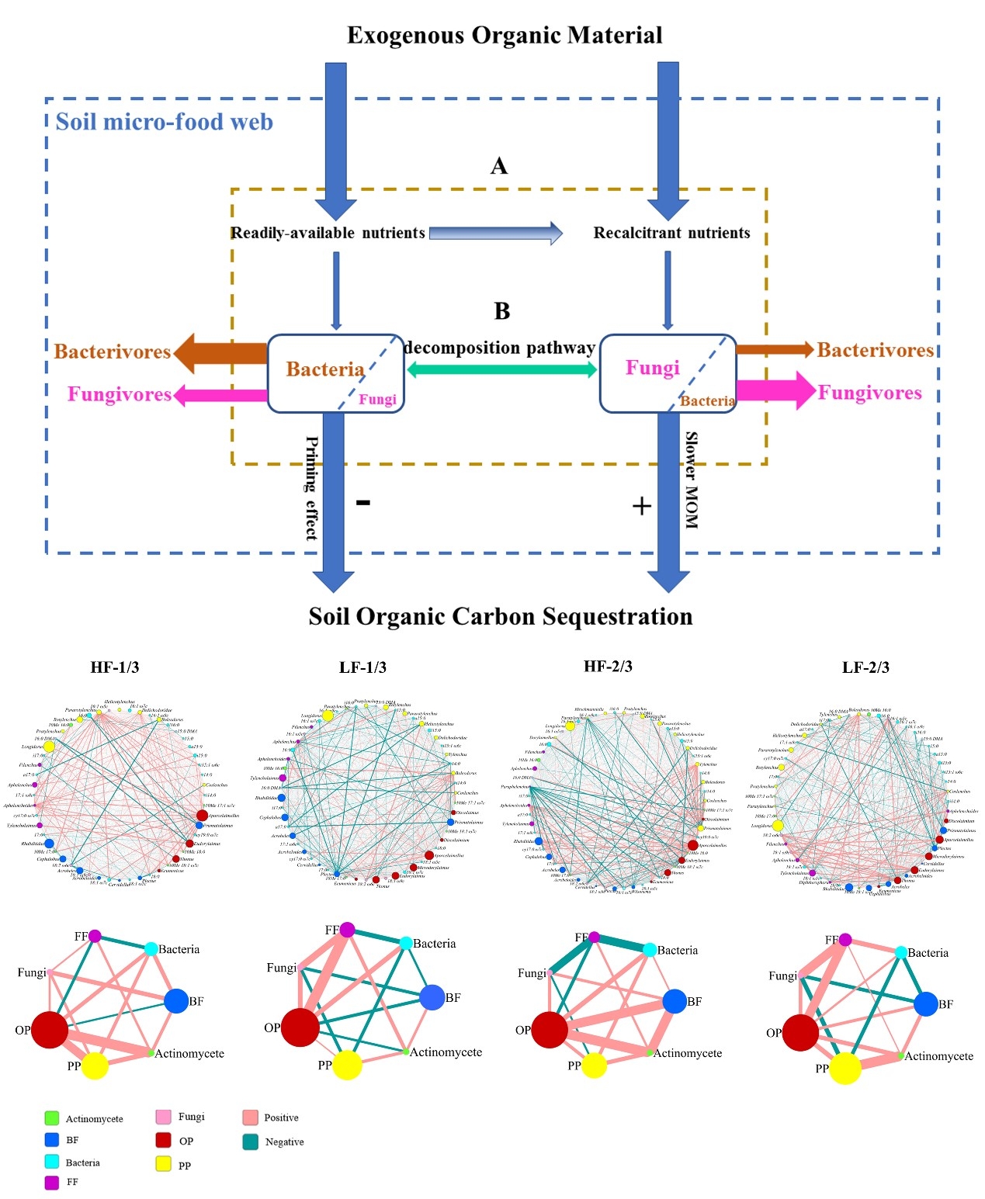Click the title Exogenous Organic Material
coord(504,36)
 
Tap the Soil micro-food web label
coord(165,123)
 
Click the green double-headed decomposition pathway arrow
coord(501,369)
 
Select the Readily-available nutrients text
coord(328,233)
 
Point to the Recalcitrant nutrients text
coord(671,233)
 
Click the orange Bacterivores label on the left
coord(113,352)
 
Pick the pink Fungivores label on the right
coord(869,393)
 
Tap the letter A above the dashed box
coord(499,166)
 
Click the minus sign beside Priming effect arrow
coord(362,503)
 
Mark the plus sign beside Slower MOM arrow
coord(641,506)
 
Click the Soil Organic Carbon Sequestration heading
coord(501,617)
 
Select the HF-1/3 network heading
coord(115,667)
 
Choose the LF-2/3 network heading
coord(865,667)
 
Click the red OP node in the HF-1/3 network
coord(50,1030)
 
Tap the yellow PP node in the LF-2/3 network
coord(845,1068)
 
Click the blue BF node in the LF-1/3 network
coord(432,997)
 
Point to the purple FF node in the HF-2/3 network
coord(594,937)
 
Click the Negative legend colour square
coord(250,1142)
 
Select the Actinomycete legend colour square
coord(52,1118)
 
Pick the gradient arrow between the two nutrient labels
coord(495,233)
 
